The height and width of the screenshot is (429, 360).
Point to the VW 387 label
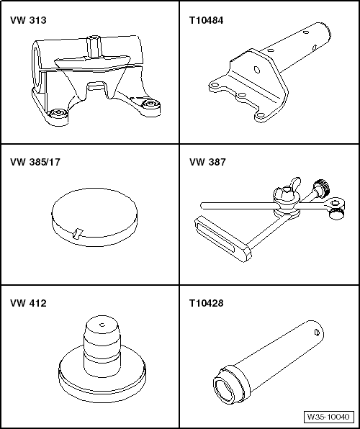pos(205,163)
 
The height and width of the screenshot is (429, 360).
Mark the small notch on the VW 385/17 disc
pos(79,232)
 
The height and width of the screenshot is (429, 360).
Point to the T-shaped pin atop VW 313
pos(94,42)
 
